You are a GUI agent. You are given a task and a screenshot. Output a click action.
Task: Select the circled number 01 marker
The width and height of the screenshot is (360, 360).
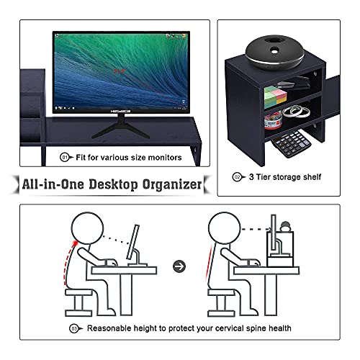[64, 156]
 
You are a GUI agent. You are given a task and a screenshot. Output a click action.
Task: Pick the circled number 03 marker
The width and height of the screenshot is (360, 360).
[73, 328]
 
